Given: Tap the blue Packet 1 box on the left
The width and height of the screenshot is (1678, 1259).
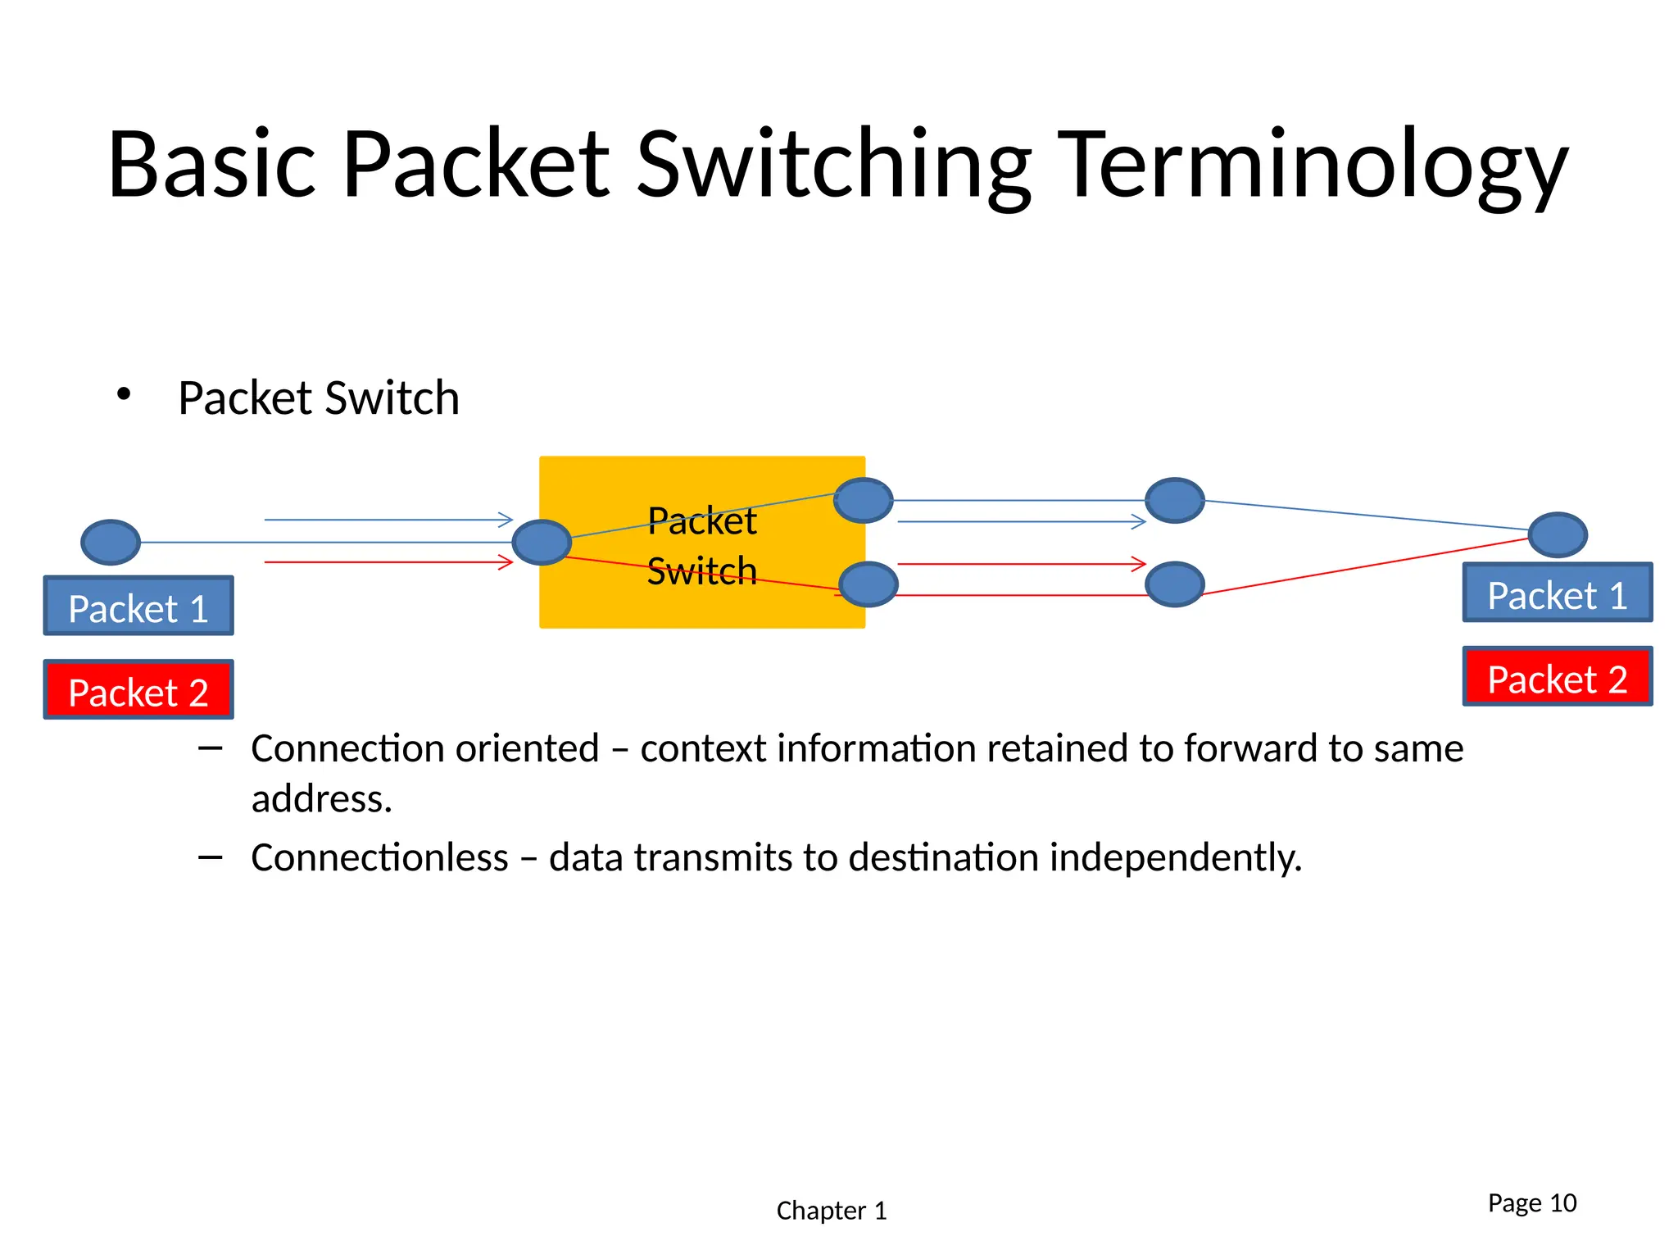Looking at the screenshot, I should (x=138, y=606).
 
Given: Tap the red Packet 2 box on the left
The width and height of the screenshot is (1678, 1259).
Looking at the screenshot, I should (x=138, y=690).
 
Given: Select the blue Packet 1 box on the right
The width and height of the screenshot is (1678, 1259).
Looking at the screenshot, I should (x=1557, y=593).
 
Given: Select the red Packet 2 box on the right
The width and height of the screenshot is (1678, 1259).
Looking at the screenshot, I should (x=1557, y=677).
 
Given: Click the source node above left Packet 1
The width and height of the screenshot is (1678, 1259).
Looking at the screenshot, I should (x=111, y=542).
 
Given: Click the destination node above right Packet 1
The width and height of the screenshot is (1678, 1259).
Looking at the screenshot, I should (x=1558, y=535).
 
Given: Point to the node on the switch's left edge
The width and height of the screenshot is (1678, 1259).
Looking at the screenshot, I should (x=542, y=542).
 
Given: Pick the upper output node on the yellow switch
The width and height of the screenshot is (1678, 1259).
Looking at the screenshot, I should (x=864, y=500).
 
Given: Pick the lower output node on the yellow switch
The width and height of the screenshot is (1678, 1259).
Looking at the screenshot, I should (x=868, y=584).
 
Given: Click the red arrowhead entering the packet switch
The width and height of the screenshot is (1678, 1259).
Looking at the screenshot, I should (x=506, y=562).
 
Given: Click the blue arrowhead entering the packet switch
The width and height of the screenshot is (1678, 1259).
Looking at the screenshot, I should (x=506, y=520).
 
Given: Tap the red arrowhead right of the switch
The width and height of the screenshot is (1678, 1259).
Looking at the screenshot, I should (x=1139, y=564).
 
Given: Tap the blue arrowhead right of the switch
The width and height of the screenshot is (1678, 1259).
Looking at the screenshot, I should (x=1139, y=521).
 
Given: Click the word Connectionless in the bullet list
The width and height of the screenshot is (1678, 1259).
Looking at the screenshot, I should (x=379, y=858).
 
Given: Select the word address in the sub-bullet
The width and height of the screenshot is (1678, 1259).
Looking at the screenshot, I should (x=320, y=799).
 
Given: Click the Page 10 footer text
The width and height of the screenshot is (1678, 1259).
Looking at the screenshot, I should (x=1531, y=1202).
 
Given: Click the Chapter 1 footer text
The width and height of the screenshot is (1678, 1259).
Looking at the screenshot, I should (x=831, y=1211).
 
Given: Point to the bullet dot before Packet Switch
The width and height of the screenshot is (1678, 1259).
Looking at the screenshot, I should (x=124, y=395).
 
